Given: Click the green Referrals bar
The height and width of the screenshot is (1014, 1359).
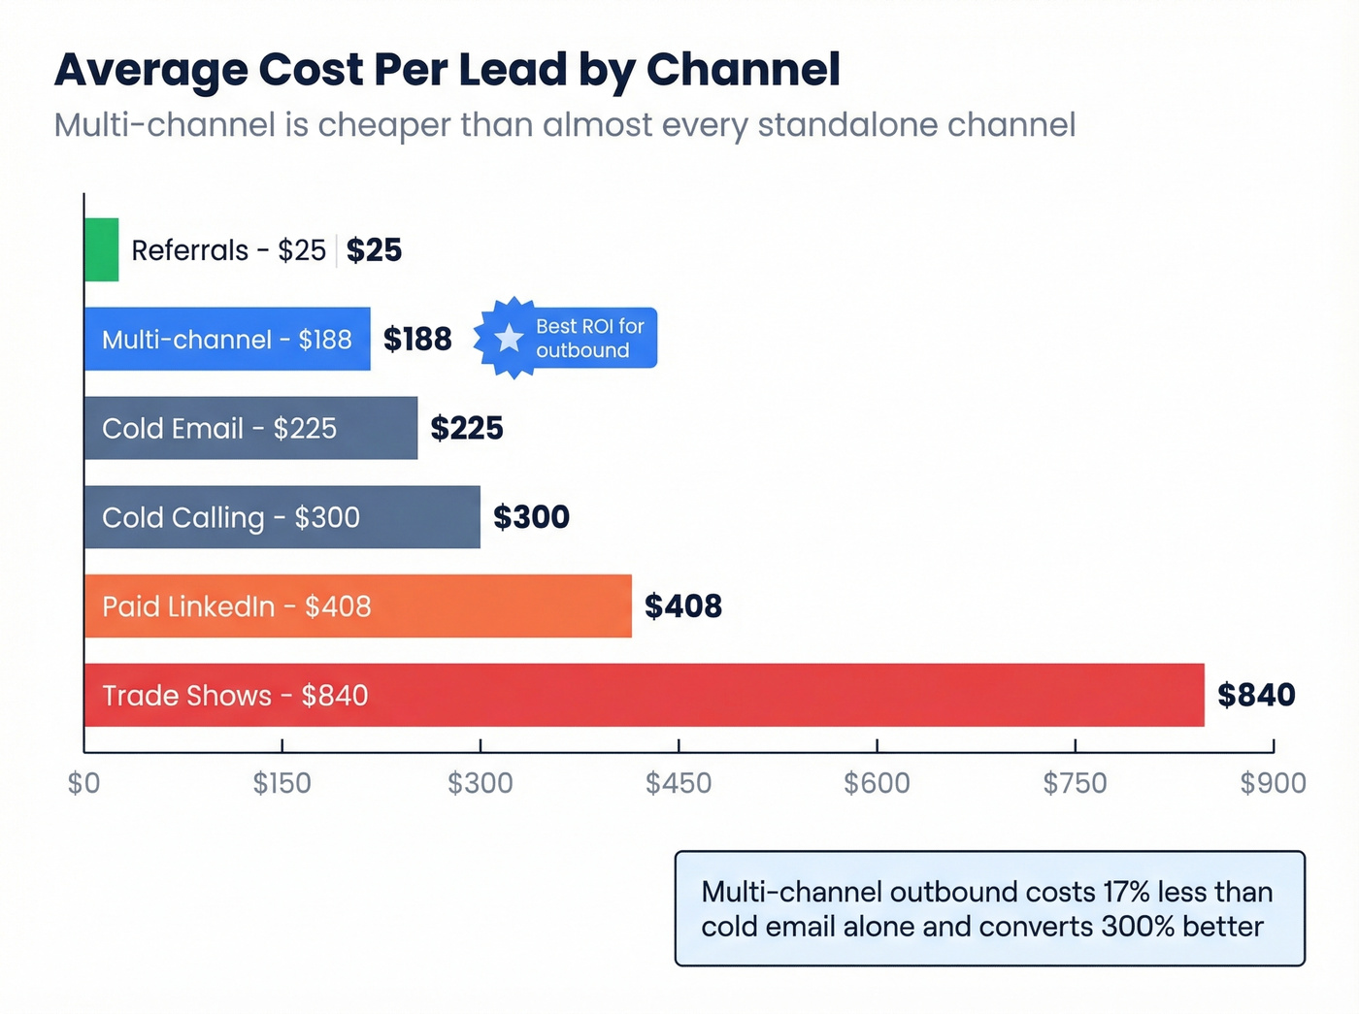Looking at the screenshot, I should [101, 249].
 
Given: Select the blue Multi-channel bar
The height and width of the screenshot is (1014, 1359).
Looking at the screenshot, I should [227, 339].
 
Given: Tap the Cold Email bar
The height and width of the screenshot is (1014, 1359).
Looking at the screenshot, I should [250, 428].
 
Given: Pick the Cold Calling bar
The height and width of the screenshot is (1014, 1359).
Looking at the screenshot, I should [282, 517].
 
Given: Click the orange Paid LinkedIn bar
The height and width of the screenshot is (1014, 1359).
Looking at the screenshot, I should [357, 606].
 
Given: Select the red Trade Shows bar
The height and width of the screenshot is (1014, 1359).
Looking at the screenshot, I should [644, 695].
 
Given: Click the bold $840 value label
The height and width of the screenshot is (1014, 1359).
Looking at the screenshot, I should [1256, 695].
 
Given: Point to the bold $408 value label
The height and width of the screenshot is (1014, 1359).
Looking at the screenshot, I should [683, 606].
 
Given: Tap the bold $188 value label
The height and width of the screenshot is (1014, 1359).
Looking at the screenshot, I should [417, 339].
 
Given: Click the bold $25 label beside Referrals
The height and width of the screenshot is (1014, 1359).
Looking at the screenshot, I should [374, 250].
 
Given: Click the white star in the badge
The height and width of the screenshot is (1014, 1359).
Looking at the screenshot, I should [509, 338].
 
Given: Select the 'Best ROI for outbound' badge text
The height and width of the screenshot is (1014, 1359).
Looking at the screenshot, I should [589, 338].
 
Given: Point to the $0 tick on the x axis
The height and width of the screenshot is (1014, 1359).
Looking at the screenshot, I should [83, 783].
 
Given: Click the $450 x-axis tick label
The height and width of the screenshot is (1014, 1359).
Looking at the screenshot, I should [679, 783].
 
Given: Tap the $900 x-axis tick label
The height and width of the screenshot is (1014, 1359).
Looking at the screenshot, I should [1273, 783].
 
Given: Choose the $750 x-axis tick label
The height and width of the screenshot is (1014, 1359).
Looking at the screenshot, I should [1075, 783].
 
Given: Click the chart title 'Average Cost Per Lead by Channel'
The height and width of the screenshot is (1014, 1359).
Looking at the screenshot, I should [447, 70].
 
